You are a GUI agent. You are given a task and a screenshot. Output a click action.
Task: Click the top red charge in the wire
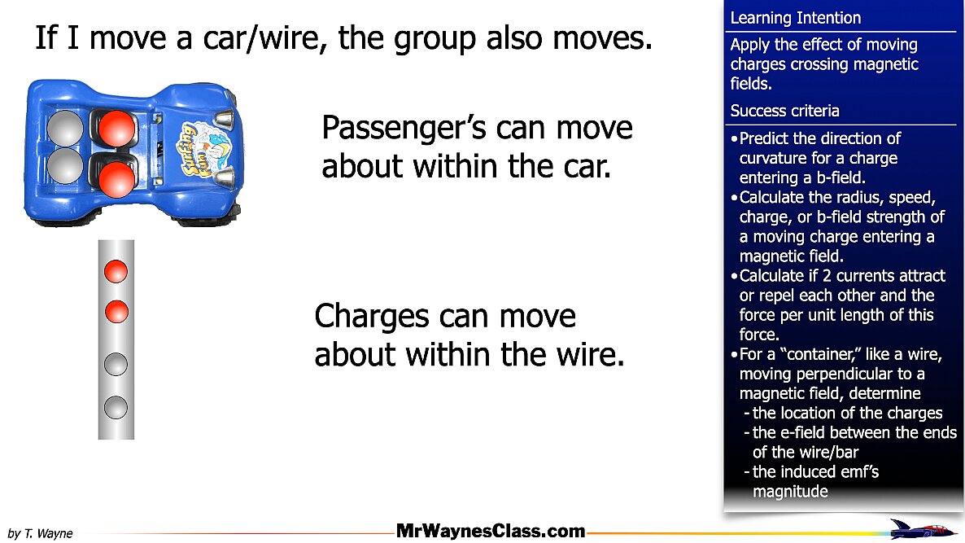116,272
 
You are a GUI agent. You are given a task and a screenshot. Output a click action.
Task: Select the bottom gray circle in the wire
116,408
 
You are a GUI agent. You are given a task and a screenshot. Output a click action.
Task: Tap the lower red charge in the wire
116,312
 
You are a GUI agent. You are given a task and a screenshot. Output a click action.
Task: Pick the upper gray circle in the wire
116,365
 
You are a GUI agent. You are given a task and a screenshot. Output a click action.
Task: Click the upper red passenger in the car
116,129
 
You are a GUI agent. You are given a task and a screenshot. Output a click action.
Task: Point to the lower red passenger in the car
116,179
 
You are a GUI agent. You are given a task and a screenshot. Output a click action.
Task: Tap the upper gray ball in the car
65,129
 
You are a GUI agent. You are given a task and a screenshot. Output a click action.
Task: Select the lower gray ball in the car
65,166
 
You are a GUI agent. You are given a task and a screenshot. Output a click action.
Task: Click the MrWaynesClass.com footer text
491,531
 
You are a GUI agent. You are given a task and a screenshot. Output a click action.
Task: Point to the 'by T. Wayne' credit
40,533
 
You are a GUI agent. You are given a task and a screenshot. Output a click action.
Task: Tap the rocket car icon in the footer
924,529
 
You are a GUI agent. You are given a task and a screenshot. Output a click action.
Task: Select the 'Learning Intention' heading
795,18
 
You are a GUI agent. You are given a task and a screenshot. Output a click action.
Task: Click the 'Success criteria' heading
784,111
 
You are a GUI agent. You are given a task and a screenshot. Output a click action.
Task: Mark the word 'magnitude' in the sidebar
790,492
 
